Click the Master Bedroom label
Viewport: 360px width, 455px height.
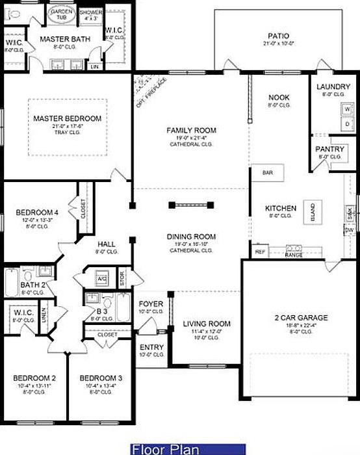68,118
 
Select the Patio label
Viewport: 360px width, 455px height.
279,36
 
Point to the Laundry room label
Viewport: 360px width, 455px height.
333,87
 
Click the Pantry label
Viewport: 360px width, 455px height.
331,149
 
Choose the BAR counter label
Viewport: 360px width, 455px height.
267,173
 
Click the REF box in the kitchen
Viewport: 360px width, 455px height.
261,252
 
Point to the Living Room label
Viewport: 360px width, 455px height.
207,324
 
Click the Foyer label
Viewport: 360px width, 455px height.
151,304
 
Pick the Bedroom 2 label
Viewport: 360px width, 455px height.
35,378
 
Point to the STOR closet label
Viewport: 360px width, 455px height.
122,278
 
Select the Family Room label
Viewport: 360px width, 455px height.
191,131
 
